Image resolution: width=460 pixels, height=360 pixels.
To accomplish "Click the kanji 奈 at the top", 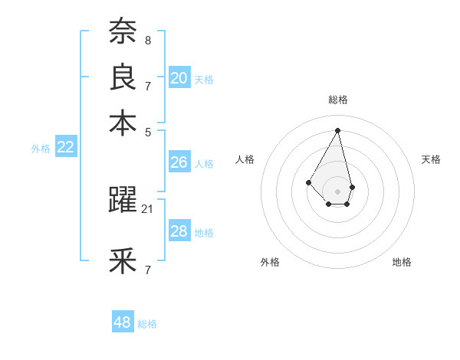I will click(123, 31).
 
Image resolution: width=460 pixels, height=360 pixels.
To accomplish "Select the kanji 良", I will click(123, 77).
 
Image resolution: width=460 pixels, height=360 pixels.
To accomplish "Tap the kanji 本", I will click(123, 123).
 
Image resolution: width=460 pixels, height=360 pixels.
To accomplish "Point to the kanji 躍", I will click(123, 200).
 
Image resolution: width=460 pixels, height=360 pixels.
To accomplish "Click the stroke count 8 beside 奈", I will click(148, 39).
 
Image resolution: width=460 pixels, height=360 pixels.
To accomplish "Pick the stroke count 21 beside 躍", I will click(148, 208).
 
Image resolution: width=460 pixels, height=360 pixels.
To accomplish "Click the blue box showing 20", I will click(179, 77).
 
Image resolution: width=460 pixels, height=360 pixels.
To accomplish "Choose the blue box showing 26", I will click(179, 162).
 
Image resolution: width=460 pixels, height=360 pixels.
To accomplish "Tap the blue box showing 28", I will click(179, 231).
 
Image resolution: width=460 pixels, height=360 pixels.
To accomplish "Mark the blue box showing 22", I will click(65, 148).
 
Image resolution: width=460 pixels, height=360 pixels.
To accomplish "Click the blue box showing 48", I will click(122, 322).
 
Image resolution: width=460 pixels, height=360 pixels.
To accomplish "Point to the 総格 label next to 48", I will click(147, 324).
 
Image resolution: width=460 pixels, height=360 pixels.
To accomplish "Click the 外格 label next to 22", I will click(41, 149).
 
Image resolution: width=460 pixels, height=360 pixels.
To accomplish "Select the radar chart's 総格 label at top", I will click(338, 100).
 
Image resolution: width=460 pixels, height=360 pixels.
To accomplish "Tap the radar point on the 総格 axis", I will click(338, 129).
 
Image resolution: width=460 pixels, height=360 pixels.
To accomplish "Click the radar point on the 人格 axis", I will click(309, 182).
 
